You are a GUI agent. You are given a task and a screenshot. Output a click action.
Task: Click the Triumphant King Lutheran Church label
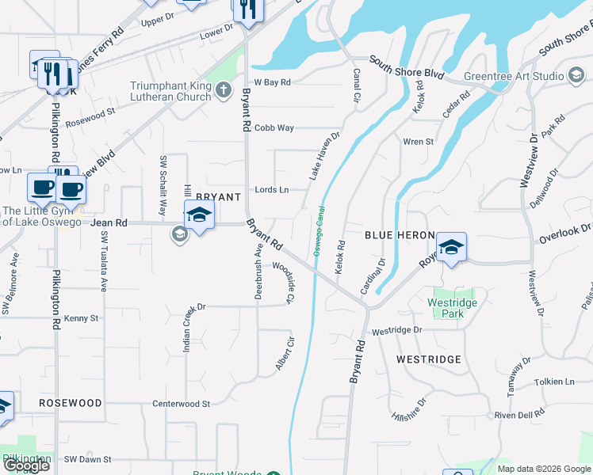(171, 91)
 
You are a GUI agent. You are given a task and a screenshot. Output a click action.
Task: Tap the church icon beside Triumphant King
(223, 91)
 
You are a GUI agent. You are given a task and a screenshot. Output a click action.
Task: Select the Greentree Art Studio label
(514, 76)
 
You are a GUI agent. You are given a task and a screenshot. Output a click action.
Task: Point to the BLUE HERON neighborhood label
(400, 235)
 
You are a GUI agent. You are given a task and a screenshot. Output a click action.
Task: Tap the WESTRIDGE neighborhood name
(428, 359)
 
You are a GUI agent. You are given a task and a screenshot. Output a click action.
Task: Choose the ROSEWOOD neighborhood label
(71, 403)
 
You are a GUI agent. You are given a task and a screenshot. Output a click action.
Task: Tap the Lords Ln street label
(271, 189)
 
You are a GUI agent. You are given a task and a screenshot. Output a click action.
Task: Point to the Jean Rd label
(109, 223)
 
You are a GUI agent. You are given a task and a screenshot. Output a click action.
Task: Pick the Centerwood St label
(181, 403)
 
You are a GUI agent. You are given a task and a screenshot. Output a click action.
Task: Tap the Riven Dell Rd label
(519, 413)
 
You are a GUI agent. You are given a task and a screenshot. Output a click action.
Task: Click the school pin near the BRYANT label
(199, 215)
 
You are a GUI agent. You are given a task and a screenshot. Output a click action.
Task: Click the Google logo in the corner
(25, 465)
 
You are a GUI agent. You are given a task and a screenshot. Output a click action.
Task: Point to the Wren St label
(419, 142)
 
